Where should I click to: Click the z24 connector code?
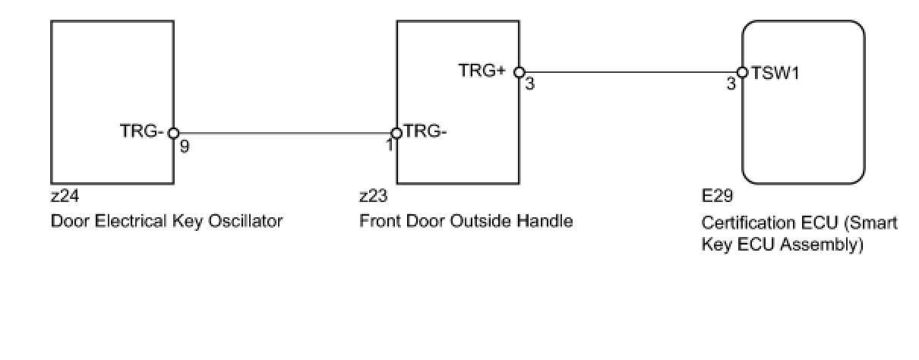[65, 197]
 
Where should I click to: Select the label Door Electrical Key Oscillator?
[166, 221]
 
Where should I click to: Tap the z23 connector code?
[373, 197]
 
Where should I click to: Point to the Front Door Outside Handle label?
[466, 221]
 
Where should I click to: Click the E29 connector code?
[717, 197]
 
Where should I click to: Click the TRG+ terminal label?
[482, 70]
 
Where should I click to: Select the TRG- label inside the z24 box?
[142, 131]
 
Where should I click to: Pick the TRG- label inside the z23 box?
[425, 131]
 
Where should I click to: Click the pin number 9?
[185, 146]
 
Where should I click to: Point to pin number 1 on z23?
[390, 144]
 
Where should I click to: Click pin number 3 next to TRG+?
[529, 84]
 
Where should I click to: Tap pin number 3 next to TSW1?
[731, 84]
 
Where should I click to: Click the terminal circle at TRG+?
[519, 72]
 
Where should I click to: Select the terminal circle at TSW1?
[742, 72]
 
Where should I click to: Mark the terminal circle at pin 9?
[173, 133]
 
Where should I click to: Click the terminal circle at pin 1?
[396, 133]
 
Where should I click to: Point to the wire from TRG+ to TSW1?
[630, 72]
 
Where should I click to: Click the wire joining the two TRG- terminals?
[285, 133]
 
